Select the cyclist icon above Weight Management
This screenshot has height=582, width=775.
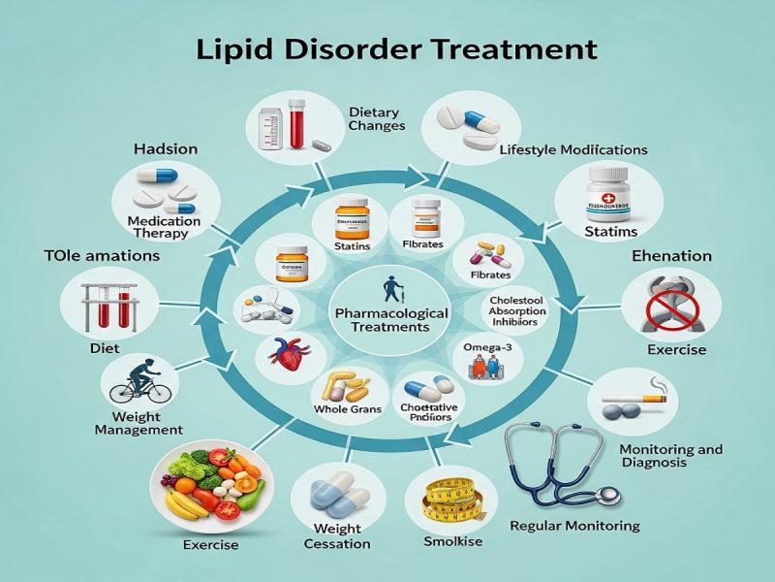coord(139,380)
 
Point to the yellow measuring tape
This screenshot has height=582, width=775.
coord(450,505)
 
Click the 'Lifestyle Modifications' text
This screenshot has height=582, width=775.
coord(573,150)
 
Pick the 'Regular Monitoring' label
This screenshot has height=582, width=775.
coord(574,526)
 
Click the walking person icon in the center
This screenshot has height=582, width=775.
coord(390,288)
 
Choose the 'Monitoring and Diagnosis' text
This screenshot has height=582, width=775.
coord(670,456)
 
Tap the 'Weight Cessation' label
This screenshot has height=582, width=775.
coord(336,535)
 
